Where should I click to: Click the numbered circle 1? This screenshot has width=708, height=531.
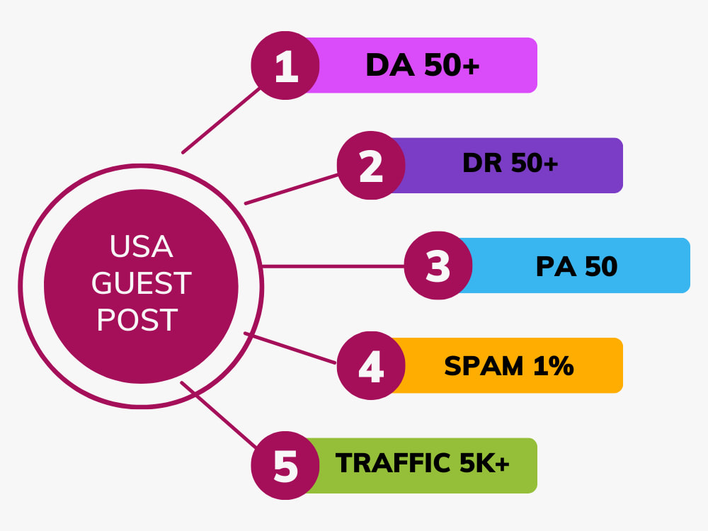(x=285, y=65)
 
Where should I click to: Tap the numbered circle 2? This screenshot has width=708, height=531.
(x=371, y=165)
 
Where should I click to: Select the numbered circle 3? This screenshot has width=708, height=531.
(x=438, y=265)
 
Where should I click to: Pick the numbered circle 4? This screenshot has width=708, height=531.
(x=371, y=365)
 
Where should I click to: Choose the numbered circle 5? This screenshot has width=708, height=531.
(x=285, y=466)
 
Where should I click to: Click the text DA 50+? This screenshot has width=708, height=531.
(x=423, y=65)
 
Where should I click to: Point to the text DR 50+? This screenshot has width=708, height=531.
(x=510, y=163)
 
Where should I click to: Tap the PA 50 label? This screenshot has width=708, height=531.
(x=576, y=266)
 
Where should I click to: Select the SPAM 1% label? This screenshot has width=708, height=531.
(x=509, y=366)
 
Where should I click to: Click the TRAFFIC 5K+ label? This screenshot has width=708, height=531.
(x=422, y=463)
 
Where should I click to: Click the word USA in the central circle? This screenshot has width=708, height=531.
(x=142, y=246)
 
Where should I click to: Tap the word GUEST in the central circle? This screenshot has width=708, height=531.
(x=142, y=283)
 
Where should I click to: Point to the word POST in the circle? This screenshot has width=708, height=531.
(x=137, y=320)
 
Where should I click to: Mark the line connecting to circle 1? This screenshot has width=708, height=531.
(x=221, y=120)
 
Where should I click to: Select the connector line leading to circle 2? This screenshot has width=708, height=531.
(x=291, y=189)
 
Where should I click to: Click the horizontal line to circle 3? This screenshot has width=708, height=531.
(x=333, y=266)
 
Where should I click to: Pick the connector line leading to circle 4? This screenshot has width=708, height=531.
(x=290, y=348)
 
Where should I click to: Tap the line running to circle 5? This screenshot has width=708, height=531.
(x=219, y=415)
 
